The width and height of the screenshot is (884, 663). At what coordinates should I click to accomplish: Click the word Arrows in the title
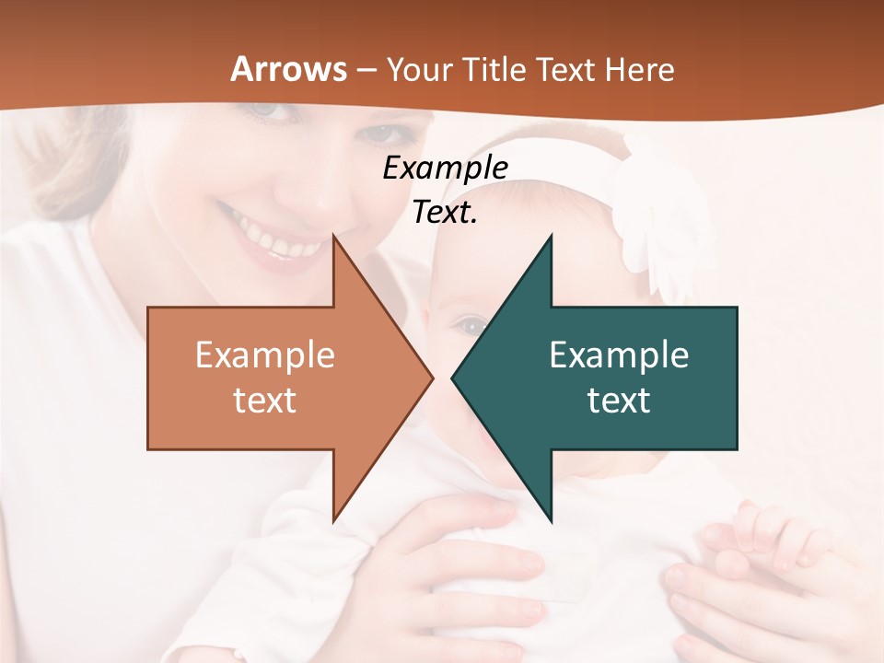[x=288, y=69]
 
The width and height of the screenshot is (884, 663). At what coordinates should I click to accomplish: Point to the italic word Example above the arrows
[x=445, y=169]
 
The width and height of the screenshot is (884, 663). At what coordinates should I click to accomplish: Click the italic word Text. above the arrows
[x=445, y=213]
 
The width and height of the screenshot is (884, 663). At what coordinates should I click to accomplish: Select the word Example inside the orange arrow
[x=264, y=355]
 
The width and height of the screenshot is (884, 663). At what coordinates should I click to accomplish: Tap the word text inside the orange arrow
[x=264, y=400]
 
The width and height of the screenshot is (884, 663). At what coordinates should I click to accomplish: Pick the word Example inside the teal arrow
[x=619, y=355]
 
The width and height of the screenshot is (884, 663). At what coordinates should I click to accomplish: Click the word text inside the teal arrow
[x=619, y=400]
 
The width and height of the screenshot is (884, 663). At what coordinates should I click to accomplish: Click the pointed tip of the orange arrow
[x=431, y=377]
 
